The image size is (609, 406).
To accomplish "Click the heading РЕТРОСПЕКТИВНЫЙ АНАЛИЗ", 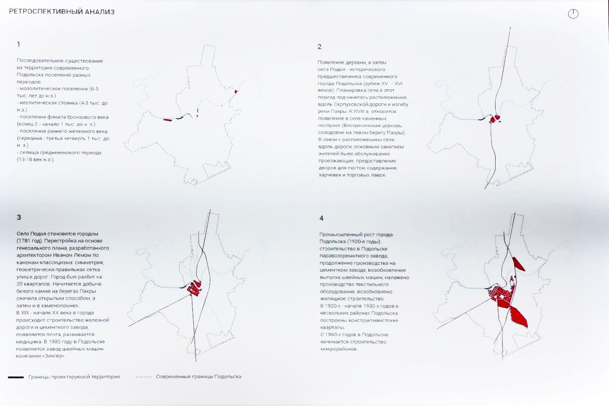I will click(x=61, y=11).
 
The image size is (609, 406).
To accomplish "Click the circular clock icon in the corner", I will click(x=573, y=14).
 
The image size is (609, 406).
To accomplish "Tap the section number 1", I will click(x=19, y=44).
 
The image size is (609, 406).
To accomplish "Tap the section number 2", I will click(x=319, y=47).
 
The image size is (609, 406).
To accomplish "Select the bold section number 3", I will click(x=19, y=217).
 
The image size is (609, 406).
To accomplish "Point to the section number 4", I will click(x=321, y=219).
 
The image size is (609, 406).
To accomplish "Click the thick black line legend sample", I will click(x=15, y=377).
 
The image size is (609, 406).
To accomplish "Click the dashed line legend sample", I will click(x=144, y=377).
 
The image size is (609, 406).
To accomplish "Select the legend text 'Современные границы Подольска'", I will click(x=198, y=377).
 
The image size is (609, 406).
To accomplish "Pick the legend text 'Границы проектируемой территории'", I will click(x=74, y=377).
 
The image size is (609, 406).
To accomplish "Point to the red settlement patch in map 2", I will click(x=496, y=119).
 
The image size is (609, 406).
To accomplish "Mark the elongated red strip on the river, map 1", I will click(x=167, y=119).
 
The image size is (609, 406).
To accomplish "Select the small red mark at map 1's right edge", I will click(x=236, y=92).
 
